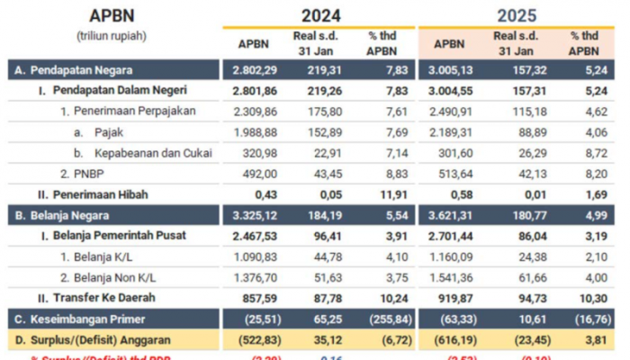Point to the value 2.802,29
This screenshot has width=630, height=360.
(254, 69)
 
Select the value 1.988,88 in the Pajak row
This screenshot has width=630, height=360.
(254, 131)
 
